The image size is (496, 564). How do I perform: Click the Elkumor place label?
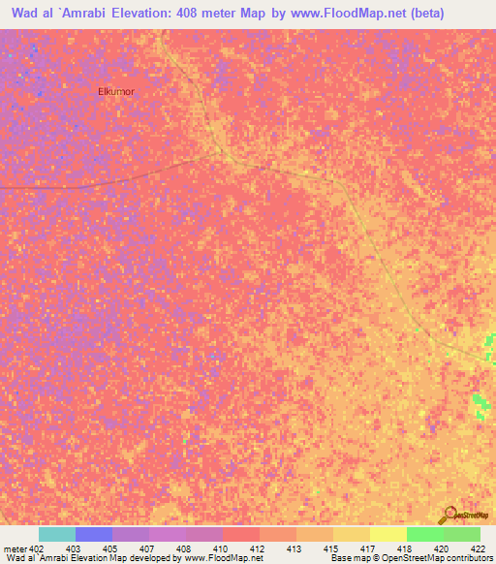point(115,91)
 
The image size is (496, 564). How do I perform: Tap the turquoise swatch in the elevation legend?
point(57,534)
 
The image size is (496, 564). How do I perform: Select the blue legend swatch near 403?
point(94,534)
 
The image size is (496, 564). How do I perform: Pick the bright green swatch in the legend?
point(424,534)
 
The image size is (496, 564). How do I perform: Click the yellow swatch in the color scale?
point(387,534)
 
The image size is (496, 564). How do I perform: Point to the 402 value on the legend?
point(38,548)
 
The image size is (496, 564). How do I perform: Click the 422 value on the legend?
point(479,548)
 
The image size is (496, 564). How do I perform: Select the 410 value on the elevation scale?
point(221,548)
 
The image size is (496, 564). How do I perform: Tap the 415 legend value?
point(331,548)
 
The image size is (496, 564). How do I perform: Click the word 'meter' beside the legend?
point(15,548)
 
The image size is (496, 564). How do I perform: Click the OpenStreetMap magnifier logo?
point(449,515)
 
